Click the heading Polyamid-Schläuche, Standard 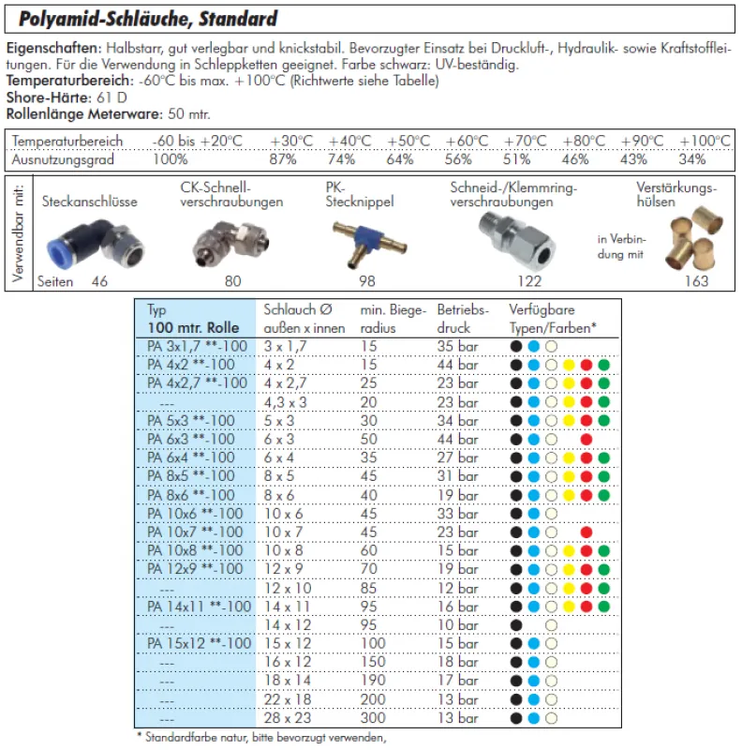pos(141,19)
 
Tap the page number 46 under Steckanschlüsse pos(99,280)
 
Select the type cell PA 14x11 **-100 pos(199,607)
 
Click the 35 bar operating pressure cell pos(458,345)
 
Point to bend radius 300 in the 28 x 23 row pos(373,719)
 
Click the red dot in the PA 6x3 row pos(586,439)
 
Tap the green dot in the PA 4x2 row pos(604,364)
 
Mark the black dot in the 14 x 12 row pos(515,625)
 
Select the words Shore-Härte pos(37,97)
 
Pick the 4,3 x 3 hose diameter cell pos(287,401)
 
